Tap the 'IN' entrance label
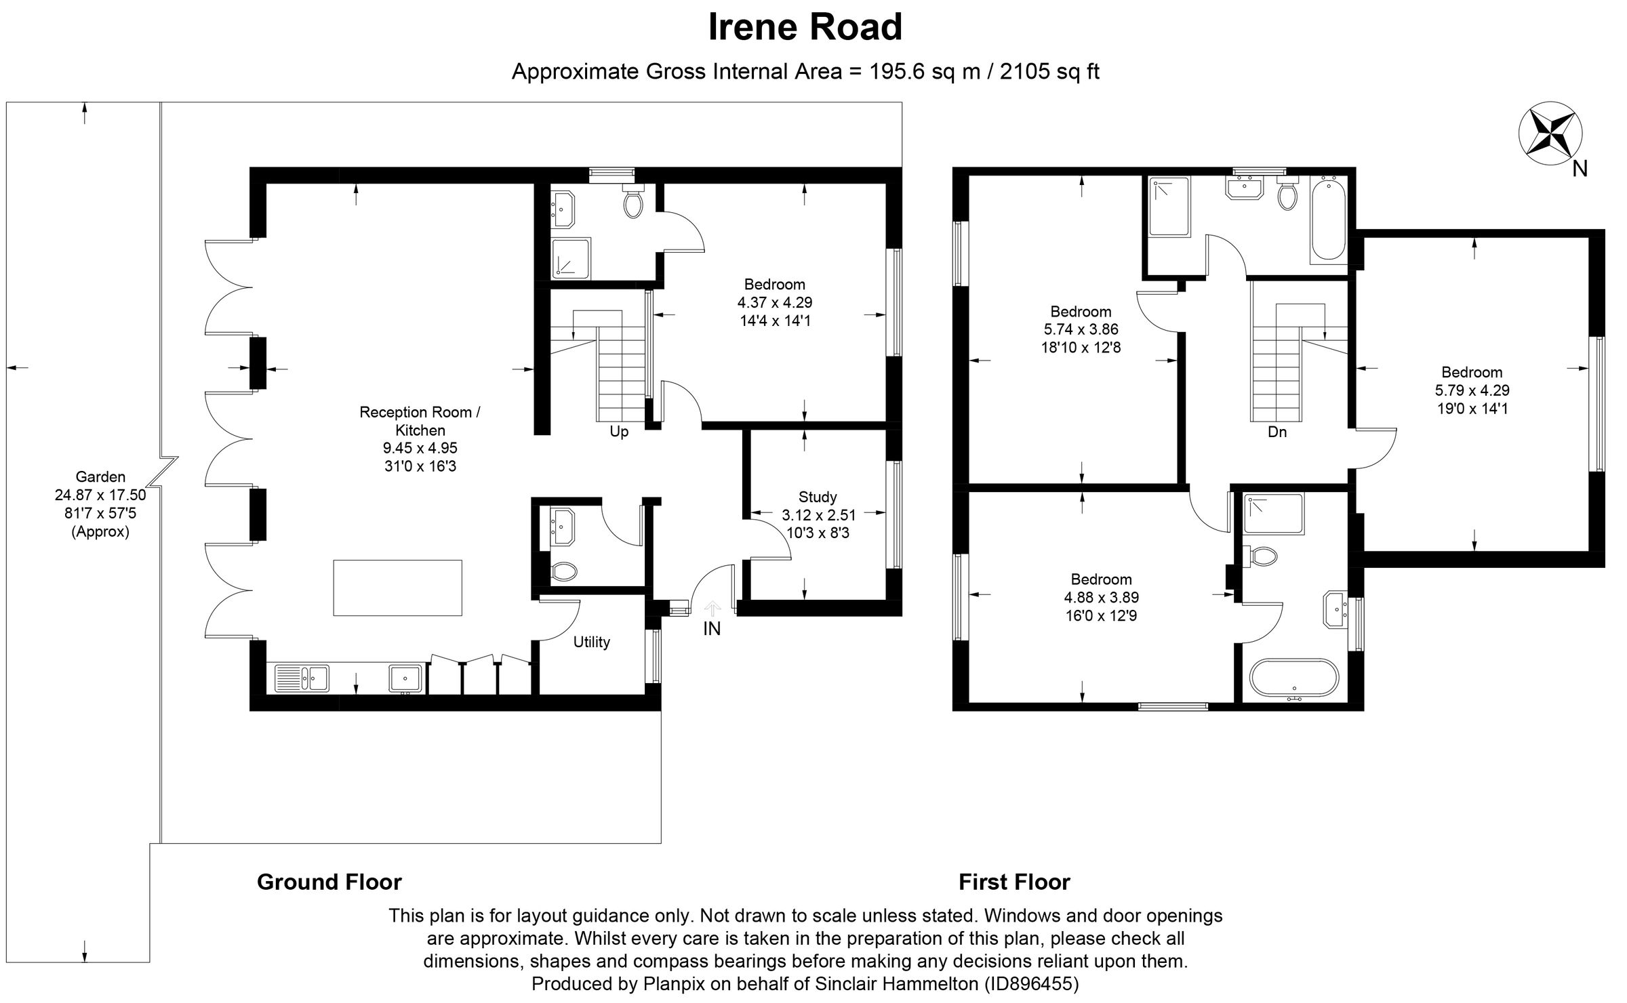pyautogui.click(x=712, y=629)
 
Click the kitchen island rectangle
pyautogui.click(x=397, y=588)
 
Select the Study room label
pyautogui.click(x=818, y=497)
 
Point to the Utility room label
pyautogui.click(x=591, y=642)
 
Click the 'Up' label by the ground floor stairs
pyautogui.click(x=619, y=432)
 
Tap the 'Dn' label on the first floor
pyautogui.click(x=1277, y=432)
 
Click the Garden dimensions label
pyautogui.click(x=100, y=504)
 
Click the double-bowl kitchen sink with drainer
pyautogui.click(x=302, y=678)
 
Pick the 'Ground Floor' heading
pyautogui.click(x=329, y=882)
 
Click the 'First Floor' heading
pyautogui.click(x=1014, y=882)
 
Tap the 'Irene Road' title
pyautogui.click(x=805, y=27)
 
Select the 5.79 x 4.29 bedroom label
pyautogui.click(x=1472, y=390)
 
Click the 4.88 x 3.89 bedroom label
pyautogui.click(x=1101, y=598)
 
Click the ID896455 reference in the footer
pyautogui.click(x=1030, y=983)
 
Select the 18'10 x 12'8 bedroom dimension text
pyautogui.click(x=1081, y=348)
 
